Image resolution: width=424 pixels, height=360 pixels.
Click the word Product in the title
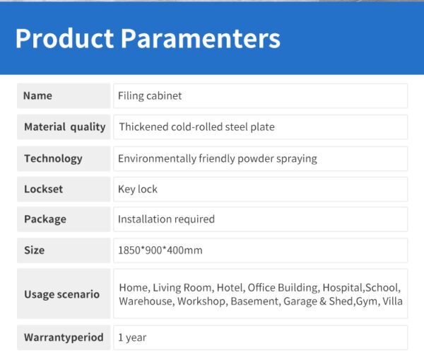pos(64,38)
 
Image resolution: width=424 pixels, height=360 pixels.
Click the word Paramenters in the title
pos(201,38)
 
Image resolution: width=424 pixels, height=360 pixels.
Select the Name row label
pos(37,95)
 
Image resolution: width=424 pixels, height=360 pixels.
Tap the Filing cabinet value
pos(150,95)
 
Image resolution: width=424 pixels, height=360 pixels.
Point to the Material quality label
pos(64,127)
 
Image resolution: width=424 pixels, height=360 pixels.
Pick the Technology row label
pos(53,159)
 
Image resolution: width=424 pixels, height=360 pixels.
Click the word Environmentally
pos(157,158)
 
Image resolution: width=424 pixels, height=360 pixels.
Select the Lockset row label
pos(43,189)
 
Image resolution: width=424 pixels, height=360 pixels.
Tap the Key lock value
pos(138,190)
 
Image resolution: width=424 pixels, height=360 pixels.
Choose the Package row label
pos(45,219)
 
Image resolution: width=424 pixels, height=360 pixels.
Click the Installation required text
pos(166,219)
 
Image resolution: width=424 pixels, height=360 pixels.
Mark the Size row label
pos(35,250)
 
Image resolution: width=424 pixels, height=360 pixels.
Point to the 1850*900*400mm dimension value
pos(160,250)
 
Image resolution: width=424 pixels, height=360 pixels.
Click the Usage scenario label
pos(62,294)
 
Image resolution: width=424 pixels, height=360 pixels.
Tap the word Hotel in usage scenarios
pos(231,288)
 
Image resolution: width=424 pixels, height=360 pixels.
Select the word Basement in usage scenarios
pos(255,301)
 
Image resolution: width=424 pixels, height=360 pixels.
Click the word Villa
pos(392,301)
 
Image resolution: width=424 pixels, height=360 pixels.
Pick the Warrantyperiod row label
pos(64,337)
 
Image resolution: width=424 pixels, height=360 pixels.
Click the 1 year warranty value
pos(132,337)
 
